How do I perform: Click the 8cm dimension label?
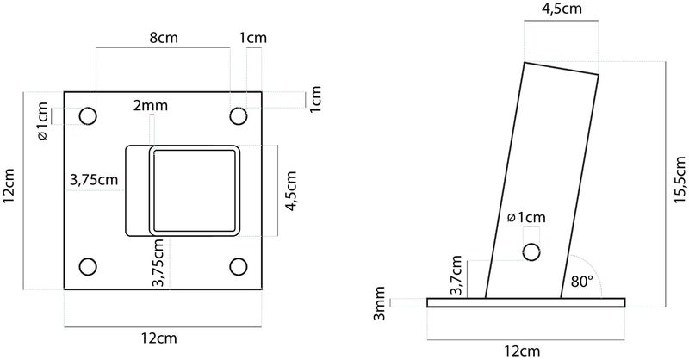point(164,39)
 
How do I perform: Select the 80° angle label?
point(582,280)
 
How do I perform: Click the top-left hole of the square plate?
point(88,116)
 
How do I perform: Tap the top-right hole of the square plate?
point(239,116)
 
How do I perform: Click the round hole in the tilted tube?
point(531,251)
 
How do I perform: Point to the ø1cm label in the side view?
point(526,217)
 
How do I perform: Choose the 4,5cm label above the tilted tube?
point(561,9)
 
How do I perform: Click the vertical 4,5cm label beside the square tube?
point(290,190)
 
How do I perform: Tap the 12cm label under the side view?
point(526,351)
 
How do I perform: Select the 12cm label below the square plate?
point(164,338)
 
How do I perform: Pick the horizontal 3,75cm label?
point(94,180)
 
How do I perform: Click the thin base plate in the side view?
point(526,302)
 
